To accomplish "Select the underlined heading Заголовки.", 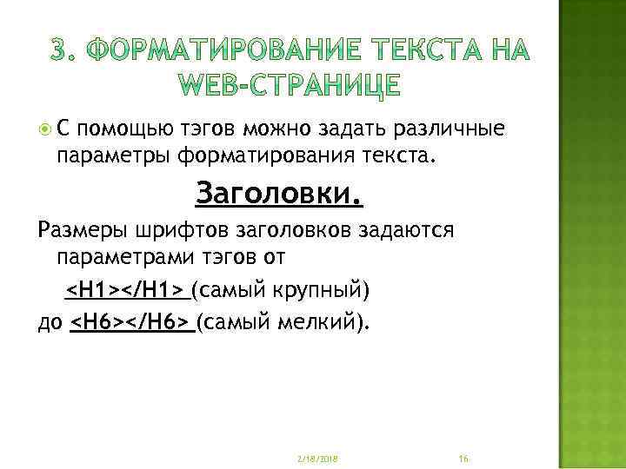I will pyautogui.click(x=279, y=193).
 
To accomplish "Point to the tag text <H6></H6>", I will pyautogui.click(x=130, y=323).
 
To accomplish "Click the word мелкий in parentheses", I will pyautogui.click(x=320, y=323).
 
